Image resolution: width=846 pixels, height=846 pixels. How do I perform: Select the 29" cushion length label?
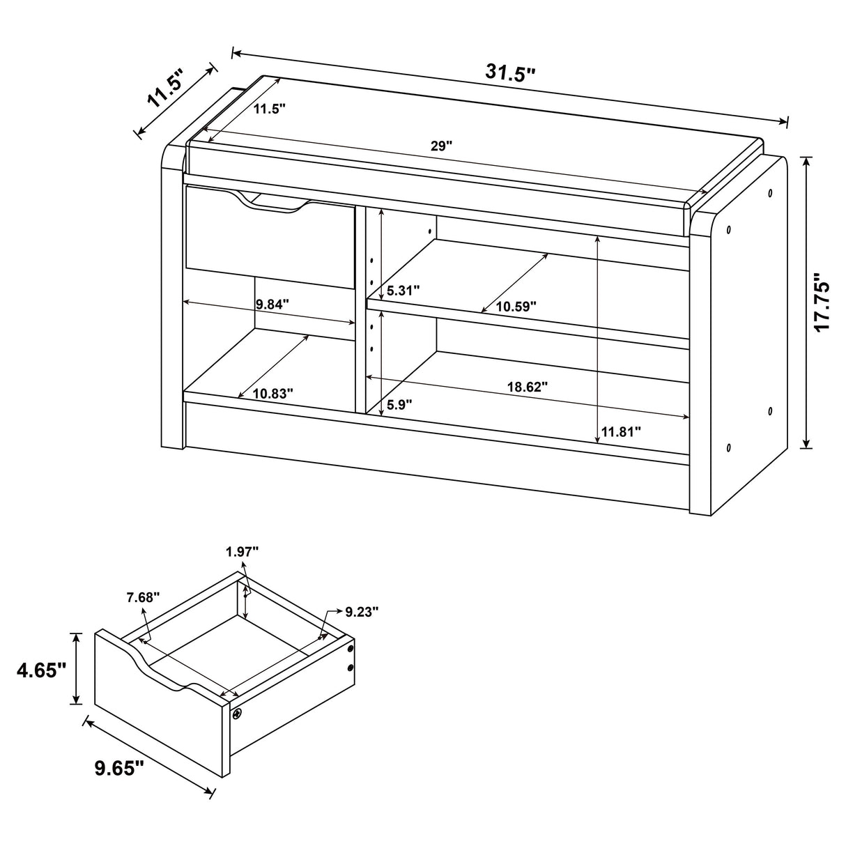[x=441, y=146]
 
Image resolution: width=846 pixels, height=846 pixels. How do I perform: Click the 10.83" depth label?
[x=272, y=393]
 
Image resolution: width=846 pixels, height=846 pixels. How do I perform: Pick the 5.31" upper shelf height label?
[x=403, y=291]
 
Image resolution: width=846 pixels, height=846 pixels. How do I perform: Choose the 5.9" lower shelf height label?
[x=399, y=403]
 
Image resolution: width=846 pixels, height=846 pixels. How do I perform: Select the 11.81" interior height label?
[x=620, y=432]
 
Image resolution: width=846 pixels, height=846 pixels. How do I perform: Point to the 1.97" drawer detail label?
[x=242, y=552]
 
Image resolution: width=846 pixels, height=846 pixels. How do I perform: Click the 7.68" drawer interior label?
[x=143, y=597]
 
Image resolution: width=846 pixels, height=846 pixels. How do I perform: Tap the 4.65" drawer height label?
[x=42, y=670]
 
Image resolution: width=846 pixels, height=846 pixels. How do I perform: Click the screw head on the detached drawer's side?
[x=238, y=714]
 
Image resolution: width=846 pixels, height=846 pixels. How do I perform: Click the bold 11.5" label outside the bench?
[x=165, y=88]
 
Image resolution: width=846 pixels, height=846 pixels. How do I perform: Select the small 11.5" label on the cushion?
[x=269, y=109]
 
